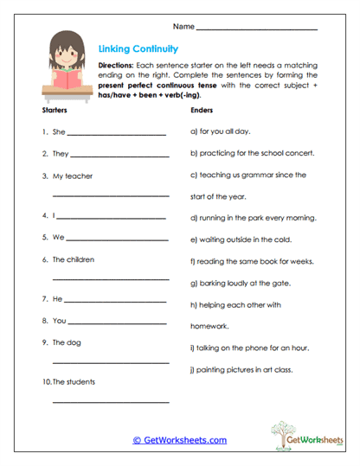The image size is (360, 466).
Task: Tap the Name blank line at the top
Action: [257, 30]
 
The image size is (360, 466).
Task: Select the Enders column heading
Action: [200, 112]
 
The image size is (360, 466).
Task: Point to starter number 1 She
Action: [53, 133]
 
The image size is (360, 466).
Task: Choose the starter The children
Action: [73, 259]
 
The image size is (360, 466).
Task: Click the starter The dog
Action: [66, 342]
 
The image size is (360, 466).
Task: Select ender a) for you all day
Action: [219, 133]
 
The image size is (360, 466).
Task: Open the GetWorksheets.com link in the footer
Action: [179, 440]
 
